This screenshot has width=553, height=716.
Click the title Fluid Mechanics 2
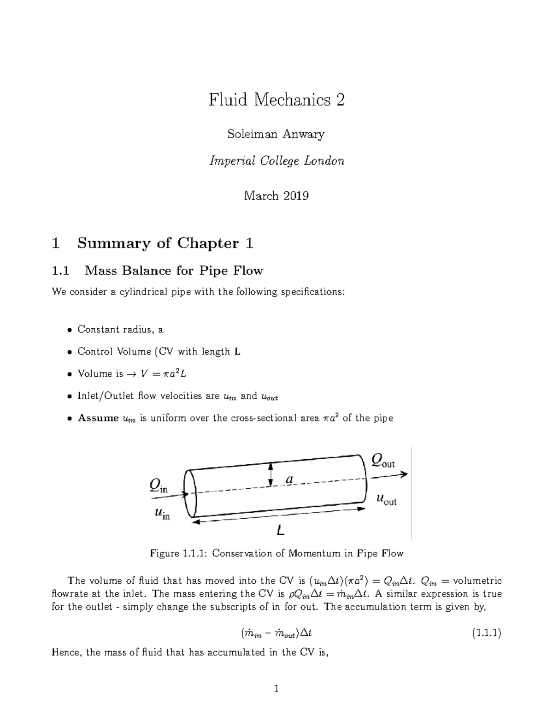[x=276, y=100]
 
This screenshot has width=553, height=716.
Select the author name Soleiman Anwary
[x=276, y=134]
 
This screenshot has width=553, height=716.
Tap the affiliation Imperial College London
[x=276, y=161]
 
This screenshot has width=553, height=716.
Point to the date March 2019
[x=276, y=196]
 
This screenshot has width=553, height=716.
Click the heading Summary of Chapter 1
[x=165, y=243]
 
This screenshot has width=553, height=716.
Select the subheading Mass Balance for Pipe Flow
[x=173, y=271]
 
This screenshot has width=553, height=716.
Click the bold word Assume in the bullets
[x=98, y=418]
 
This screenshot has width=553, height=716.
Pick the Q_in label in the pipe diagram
[x=158, y=486]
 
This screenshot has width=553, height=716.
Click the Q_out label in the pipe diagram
[x=383, y=461]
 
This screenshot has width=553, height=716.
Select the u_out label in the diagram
[x=386, y=499]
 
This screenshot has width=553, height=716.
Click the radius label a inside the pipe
[x=289, y=480]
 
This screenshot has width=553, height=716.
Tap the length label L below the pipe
[x=280, y=531]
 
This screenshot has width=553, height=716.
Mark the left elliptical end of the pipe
[x=190, y=493]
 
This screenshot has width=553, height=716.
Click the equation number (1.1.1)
[x=486, y=633]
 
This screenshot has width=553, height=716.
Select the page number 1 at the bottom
[x=276, y=689]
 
